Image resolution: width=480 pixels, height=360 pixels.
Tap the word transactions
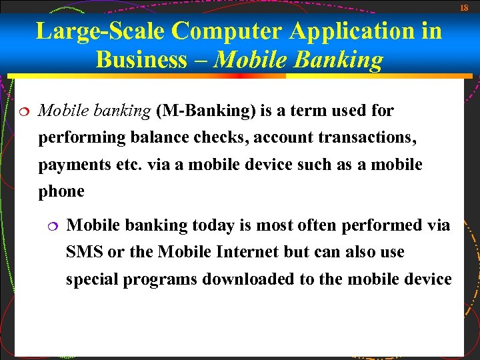[x=366, y=137]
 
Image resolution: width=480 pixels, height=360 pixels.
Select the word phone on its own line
[x=61, y=191]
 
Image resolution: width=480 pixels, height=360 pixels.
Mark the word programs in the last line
[x=160, y=279]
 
